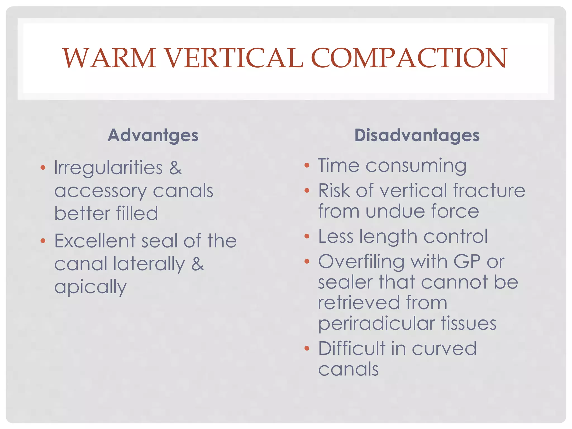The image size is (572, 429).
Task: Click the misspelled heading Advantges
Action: [x=153, y=135]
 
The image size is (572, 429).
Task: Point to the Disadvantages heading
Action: [x=417, y=135]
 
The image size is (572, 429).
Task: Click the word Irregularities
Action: [x=108, y=168]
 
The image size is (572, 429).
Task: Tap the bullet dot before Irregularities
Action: [x=43, y=168]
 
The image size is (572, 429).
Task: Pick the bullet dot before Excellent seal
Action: [x=43, y=241]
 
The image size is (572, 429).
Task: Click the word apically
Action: [x=90, y=287]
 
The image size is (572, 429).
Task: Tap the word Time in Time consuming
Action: [x=339, y=166]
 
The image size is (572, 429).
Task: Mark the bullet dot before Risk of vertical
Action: [x=307, y=191]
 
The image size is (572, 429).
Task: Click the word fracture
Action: [x=489, y=191]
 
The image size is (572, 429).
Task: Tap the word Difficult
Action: [x=352, y=349]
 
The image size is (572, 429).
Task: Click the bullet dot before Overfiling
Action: [x=307, y=262]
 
